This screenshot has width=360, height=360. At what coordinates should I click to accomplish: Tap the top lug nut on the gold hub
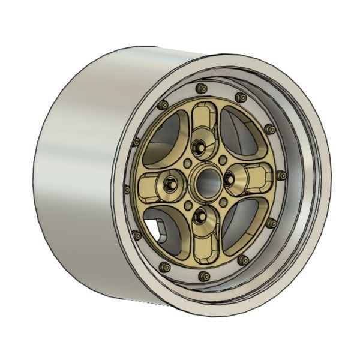click(200, 146)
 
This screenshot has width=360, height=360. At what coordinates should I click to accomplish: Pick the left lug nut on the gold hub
click(171, 182)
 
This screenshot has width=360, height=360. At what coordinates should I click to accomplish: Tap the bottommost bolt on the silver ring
click(204, 274)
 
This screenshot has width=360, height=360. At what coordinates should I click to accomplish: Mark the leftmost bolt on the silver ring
click(127, 188)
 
